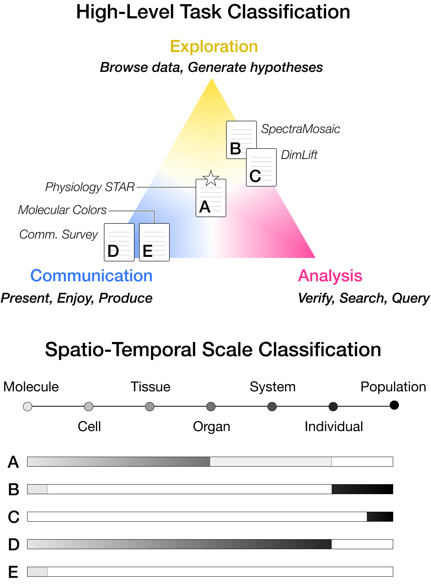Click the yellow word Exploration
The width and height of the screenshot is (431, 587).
point(214,47)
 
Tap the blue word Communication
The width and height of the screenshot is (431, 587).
point(91,276)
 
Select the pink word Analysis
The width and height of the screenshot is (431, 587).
point(330,276)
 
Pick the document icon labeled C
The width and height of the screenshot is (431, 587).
point(261,167)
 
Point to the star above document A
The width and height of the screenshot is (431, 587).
point(211,178)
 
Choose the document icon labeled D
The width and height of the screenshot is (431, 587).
point(119,242)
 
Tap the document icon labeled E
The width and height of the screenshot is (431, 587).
point(154,242)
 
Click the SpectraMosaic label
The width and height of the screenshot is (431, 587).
point(300,129)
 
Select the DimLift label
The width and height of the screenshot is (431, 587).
point(299,155)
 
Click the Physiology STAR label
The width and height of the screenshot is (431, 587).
point(90,187)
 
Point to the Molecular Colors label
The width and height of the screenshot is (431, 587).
point(62,210)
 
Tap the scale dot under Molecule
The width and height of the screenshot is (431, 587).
point(28,407)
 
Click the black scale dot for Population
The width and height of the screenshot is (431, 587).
point(394,405)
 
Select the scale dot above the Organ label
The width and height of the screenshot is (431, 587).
point(211,407)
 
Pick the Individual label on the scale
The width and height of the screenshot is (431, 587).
point(334,426)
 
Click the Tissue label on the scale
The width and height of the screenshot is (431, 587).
point(150,387)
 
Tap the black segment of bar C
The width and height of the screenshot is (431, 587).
point(380,517)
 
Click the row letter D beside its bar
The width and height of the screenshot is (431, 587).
point(14,545)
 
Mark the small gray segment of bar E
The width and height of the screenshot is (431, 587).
point(37,572)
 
